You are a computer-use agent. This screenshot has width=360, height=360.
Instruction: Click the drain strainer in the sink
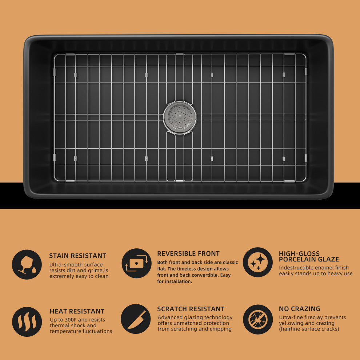pos(180,117)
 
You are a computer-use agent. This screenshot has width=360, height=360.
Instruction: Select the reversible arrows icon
pos(137,263)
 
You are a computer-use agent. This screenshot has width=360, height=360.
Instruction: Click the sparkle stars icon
pos(258,262)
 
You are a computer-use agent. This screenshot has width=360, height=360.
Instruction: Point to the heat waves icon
pos(27,322)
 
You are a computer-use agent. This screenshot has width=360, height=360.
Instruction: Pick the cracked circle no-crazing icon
pos(258,319)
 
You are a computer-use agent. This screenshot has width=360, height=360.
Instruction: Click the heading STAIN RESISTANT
pos(77,256)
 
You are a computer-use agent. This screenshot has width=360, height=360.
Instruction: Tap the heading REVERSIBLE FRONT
pos(188,253)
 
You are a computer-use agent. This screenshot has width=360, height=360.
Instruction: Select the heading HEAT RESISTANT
pos(77,311)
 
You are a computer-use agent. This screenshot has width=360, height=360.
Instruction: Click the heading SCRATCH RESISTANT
pos(191,309)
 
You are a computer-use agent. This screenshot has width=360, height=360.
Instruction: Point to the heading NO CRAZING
pos(300,309)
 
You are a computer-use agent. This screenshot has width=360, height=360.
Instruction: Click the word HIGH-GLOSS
pos(299,254)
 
